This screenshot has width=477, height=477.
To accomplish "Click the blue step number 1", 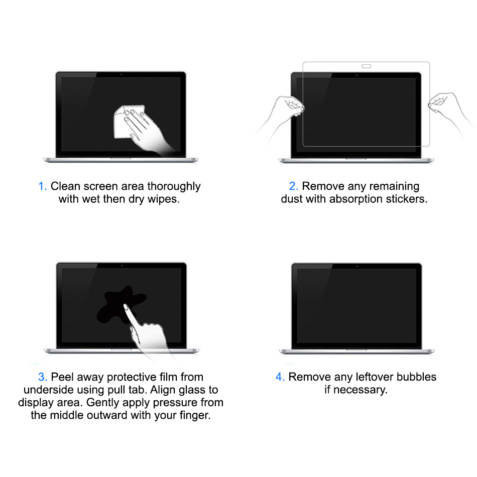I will pos(42,186).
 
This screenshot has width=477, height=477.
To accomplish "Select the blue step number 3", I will pos(42,377).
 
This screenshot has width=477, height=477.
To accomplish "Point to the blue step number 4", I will pos(280,377).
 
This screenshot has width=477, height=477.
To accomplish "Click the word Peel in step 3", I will pos(62,377).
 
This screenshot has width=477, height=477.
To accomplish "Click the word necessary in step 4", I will pos(361,390).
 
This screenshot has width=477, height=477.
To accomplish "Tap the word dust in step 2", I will pos(291,199).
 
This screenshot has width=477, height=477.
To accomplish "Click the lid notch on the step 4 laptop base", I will pos(356,349).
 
